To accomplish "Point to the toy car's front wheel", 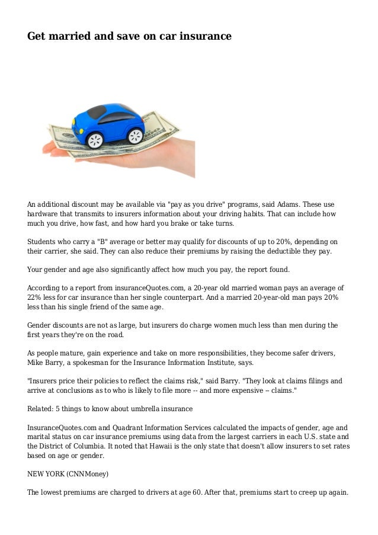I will click(95, 140).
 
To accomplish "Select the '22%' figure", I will click(35, 298).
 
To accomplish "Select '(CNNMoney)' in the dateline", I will click(89, 475).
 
